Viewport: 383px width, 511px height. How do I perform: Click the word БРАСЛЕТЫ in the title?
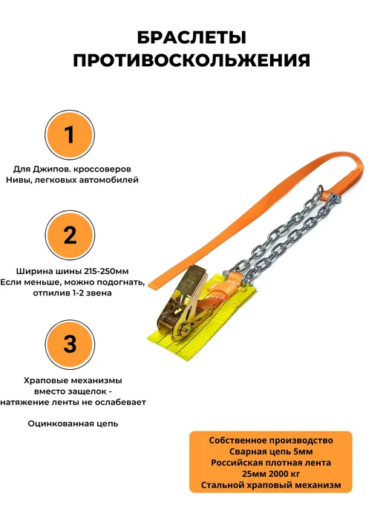191,37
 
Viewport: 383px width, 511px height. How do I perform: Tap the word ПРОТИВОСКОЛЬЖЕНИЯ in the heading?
191,60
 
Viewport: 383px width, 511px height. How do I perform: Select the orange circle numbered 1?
70,135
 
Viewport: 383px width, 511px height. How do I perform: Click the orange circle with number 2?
70,235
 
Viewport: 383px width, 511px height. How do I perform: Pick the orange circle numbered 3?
70,345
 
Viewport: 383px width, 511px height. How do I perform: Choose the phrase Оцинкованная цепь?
73,423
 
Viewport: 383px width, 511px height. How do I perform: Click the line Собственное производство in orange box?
271,440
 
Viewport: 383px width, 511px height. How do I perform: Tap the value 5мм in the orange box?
303,452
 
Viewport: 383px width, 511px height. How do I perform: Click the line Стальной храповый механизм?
271,485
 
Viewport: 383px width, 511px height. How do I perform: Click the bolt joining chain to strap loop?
335,197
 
